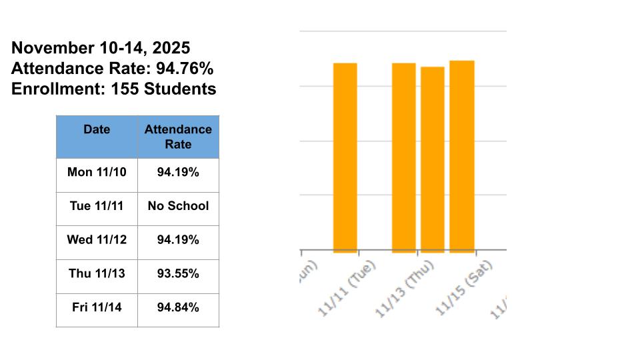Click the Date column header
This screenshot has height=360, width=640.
[x=97, y=129]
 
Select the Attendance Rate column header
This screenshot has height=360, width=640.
[x=178, y=137]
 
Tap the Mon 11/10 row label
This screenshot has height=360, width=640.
[x=97, y=171]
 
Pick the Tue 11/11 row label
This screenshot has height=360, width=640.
[x=97, y=205]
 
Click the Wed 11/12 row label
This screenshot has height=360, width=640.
[x=97, y=239]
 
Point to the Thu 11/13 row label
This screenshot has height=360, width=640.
[x=97, y=273]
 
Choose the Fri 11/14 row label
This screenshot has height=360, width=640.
[x=97, y=307]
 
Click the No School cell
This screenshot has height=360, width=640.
[x=178, y=205]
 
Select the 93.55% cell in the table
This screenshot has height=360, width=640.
[x=178, y=273]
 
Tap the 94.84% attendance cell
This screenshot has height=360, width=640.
[x=178, y=307]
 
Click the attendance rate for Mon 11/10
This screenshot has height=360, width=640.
[x=178, y=171]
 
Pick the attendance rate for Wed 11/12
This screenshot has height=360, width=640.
[x=178, y=239]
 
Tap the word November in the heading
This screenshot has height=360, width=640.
[x=52, y=48]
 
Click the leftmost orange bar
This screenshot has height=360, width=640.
[x=345, y=158]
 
